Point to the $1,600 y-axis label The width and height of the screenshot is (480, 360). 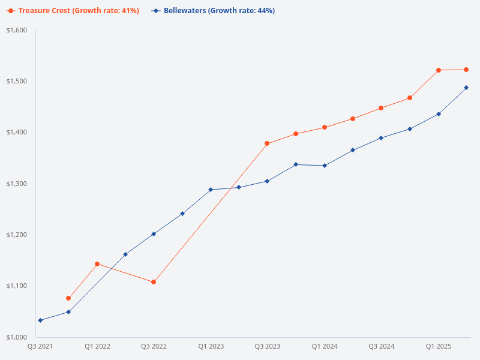coord(17,30)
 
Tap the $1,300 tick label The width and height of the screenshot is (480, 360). coord(17,184)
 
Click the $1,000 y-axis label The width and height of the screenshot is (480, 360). coord(17,337)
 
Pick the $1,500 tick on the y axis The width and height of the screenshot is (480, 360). coord(17,81)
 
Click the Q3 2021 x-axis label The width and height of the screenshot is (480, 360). coord(40,346)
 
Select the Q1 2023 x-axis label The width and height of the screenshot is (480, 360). coord(211,346)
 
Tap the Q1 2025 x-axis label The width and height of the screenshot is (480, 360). coord(439,346)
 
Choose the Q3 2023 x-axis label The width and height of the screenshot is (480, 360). coord(268,346)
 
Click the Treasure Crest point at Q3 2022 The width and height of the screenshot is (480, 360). coord(154,282)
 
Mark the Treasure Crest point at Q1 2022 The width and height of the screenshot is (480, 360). coord(97,264)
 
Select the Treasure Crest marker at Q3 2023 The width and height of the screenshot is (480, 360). coord(267,143)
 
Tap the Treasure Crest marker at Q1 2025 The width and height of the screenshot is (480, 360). coord(439,70)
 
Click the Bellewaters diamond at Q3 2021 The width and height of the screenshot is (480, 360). coord(40,320)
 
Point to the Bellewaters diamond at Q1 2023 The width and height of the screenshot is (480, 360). coord(211,190)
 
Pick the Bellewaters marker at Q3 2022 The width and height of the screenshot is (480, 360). coord(154,234)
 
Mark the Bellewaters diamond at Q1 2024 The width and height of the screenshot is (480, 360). coord(325,166)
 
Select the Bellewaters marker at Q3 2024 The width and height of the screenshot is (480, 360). coord(382,138)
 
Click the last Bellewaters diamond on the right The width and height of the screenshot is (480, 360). coord(466,88)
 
